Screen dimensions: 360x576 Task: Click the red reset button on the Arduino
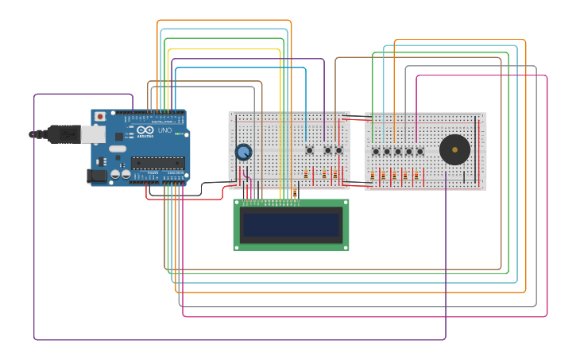point(100,117)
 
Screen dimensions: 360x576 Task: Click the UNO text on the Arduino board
point(164,130)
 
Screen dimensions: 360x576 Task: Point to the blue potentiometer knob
point(244,151)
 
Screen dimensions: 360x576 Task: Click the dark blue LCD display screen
point(291,225)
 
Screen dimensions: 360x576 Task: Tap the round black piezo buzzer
point(454,149)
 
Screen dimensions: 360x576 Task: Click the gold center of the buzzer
point(454,149)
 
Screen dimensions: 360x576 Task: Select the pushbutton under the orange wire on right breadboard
point(398,151)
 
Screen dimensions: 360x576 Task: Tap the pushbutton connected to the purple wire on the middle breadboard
point(327,149)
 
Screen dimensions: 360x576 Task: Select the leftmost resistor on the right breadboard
point(372,175)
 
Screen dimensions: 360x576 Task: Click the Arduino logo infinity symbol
point(145,130)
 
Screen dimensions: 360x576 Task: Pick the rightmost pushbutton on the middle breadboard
point(339,149)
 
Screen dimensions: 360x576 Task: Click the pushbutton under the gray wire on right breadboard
point(409,151)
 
